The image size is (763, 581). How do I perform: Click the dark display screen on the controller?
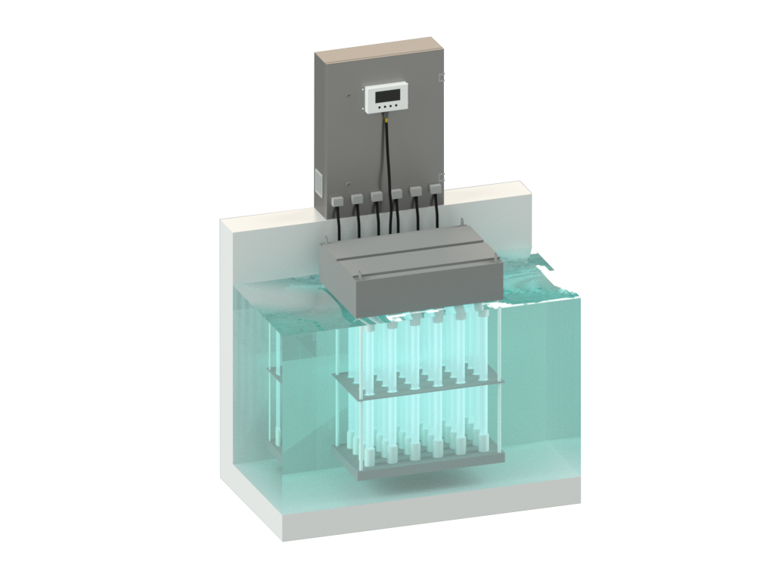pos(388,95)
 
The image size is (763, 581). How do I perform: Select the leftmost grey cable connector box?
pos(337,201)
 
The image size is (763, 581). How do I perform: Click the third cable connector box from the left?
pos(376,196)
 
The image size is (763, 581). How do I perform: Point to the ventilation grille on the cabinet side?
pos(318,183)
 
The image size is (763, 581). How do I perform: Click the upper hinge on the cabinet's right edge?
pos(442,76)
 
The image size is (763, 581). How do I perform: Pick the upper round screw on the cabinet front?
pos(349,95)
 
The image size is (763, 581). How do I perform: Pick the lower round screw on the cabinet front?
pos(349,184)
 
